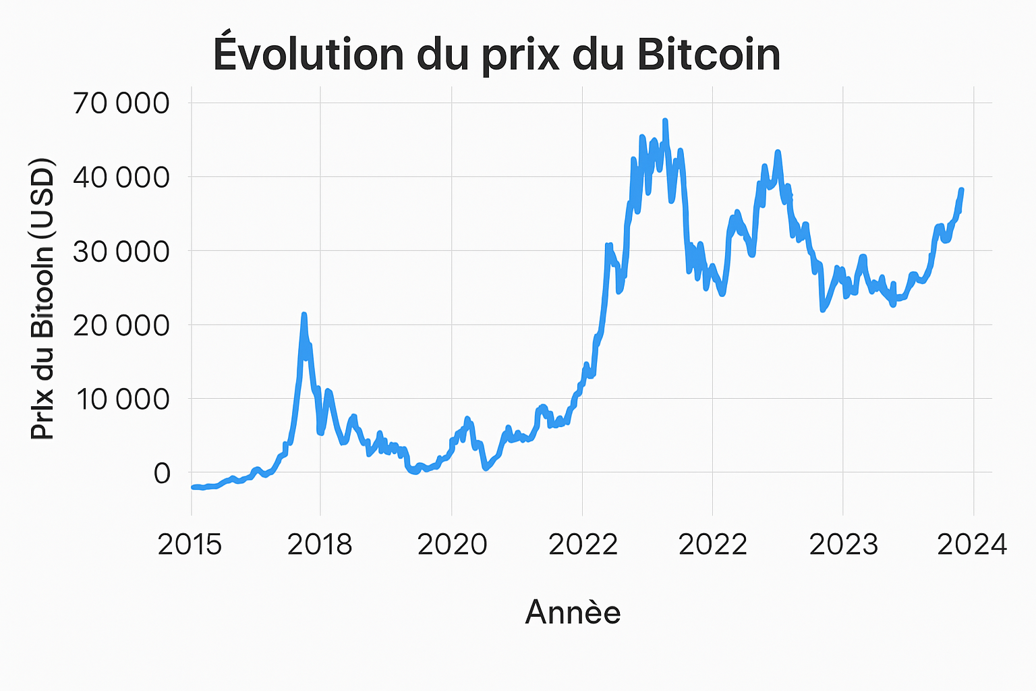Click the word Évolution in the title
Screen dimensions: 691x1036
coord(308,54)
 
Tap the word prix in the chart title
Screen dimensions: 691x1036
coord(520,55)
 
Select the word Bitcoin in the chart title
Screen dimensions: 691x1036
coord(708,54)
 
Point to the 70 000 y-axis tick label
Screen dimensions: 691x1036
coord(121,103)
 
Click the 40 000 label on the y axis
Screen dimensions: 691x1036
coord(121,177)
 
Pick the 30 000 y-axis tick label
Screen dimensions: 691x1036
coord(121,251)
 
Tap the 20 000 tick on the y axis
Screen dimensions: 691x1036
coord(121,325)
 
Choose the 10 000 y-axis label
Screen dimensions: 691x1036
coord(121,399)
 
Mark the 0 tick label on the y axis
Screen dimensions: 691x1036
coord(162,473)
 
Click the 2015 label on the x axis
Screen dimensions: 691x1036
coord(190,544)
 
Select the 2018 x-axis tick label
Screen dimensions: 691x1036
coord(320,544)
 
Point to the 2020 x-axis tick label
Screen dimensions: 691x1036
coord(452,544)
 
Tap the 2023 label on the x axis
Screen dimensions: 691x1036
coord(843,544)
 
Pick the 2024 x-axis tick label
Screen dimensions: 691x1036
coord(972,544)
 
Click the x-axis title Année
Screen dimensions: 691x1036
coord(573,612)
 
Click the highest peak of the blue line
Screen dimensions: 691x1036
coord(665,121)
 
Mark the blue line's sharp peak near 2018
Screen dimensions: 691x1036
coord(304,314)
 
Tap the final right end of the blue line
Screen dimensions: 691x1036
coord(961,190)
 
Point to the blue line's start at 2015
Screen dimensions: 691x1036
coord(194,487)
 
